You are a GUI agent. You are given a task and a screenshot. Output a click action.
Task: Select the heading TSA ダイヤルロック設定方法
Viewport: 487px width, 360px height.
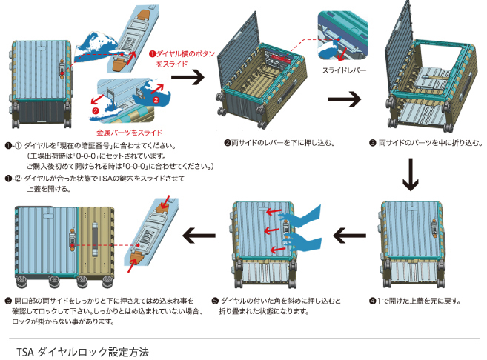point(82,348)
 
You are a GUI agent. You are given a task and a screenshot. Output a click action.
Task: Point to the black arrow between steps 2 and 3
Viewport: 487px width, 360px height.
point(345,99)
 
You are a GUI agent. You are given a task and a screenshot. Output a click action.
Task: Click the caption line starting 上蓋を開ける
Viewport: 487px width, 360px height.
point(49,189)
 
